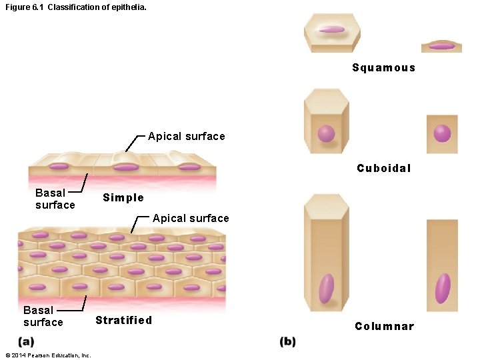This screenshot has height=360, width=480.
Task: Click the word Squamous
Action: point(383,67)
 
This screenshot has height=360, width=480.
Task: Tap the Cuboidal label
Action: point(383,168)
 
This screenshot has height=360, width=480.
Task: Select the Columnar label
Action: point(384,326)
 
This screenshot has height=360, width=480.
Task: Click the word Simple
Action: point(123,197)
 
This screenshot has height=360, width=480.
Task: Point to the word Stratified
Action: point(123,320)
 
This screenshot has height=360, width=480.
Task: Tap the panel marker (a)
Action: point(27,341)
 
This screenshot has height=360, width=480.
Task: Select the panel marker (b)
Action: point(287,341)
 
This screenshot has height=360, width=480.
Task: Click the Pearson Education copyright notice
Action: point(47,355)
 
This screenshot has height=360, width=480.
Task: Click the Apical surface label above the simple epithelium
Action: point(186,136)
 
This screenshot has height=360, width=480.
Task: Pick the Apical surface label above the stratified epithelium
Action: point(191,218)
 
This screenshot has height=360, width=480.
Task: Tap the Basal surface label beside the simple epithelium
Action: point(55,199)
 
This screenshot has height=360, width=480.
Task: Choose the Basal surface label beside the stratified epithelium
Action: point(43,316)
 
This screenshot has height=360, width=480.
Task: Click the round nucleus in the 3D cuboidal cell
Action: point(326,134)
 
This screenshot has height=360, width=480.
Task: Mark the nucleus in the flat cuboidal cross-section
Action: point(442,133)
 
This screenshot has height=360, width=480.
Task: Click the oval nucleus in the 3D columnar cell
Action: point(326,288)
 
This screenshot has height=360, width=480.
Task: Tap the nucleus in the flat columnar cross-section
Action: point(443,288)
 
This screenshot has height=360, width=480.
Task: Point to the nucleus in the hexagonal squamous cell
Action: point(331,29)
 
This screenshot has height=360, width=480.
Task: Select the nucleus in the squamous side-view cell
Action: point(441,46)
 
